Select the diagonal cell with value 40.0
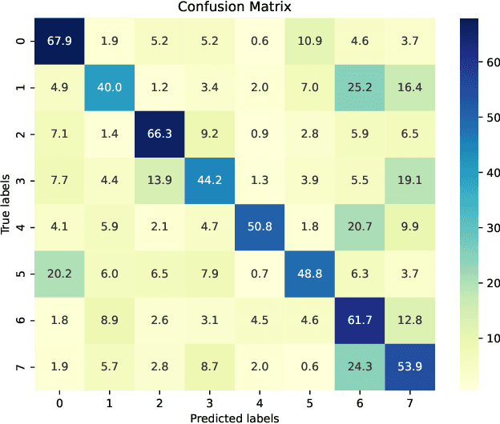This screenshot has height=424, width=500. click(x=109, y=87)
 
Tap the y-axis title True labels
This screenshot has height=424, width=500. click(x=7, y=204)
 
